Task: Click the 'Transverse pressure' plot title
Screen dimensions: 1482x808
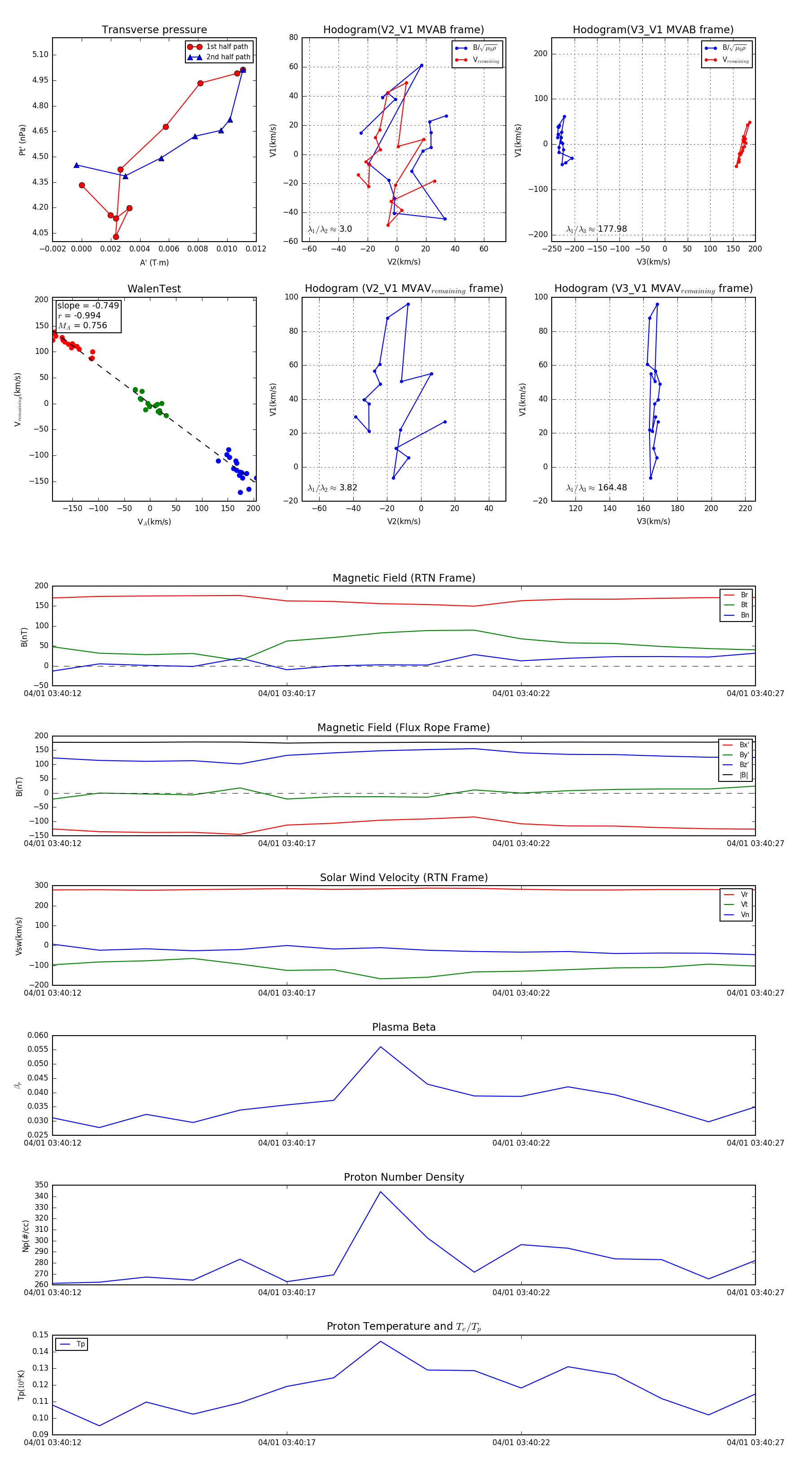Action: pos(154,30)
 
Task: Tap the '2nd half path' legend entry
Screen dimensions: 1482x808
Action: pos(228,57)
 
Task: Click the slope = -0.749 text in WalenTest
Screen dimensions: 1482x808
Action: pos(88,305)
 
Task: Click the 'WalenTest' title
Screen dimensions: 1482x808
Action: pos(154,289)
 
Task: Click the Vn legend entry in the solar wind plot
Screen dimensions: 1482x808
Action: pos(744,915)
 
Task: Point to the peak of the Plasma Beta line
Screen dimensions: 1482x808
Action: pos(380,1046)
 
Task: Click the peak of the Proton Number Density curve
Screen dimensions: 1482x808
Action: pos(380,1191)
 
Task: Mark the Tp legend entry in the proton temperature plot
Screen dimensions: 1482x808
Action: pos(80,1344)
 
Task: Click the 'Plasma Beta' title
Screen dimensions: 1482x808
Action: pos(404,1028)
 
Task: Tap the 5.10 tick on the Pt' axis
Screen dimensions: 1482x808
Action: pos(40,55)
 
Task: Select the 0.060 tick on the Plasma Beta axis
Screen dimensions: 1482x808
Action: pos(38,1036)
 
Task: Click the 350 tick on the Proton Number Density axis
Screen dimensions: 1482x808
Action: pos(41,1185)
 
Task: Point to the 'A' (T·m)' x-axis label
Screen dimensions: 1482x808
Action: pos(154,262)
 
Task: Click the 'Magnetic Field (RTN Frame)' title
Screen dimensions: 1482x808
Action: pos(404,578)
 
